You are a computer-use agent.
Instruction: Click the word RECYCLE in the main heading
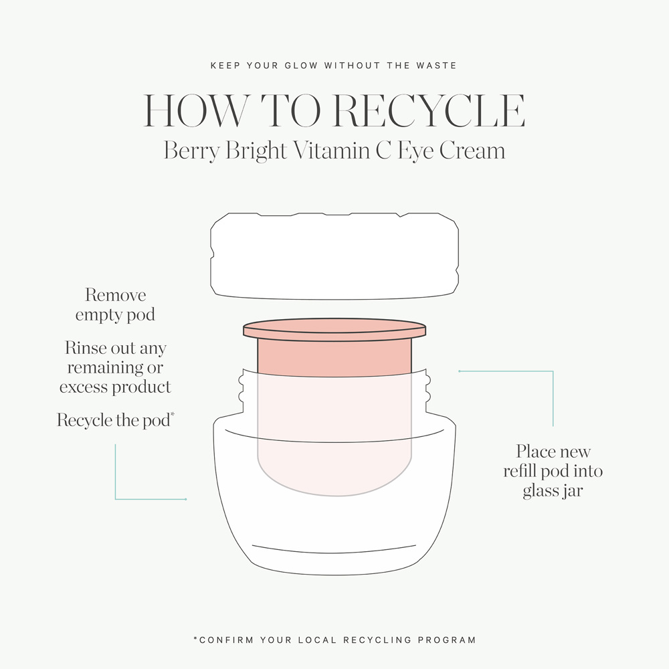coord(429,110)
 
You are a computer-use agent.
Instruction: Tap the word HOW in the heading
coord(196,110)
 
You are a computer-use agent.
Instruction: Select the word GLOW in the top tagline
coord(301,66)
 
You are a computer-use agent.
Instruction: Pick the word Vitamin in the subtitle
coord(332,150)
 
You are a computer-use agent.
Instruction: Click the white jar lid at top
coord(334,256)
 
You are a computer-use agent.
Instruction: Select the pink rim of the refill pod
coord(334,329)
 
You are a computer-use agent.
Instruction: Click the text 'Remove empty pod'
coord(115,304)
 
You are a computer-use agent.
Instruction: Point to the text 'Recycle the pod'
coord(114,420)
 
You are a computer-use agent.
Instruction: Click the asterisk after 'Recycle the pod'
coord(173,414)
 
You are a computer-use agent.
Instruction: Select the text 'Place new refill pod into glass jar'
coord(553,471)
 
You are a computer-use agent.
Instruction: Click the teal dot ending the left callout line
coord(185,499)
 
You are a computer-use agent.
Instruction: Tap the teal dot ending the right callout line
coord(459,371)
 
